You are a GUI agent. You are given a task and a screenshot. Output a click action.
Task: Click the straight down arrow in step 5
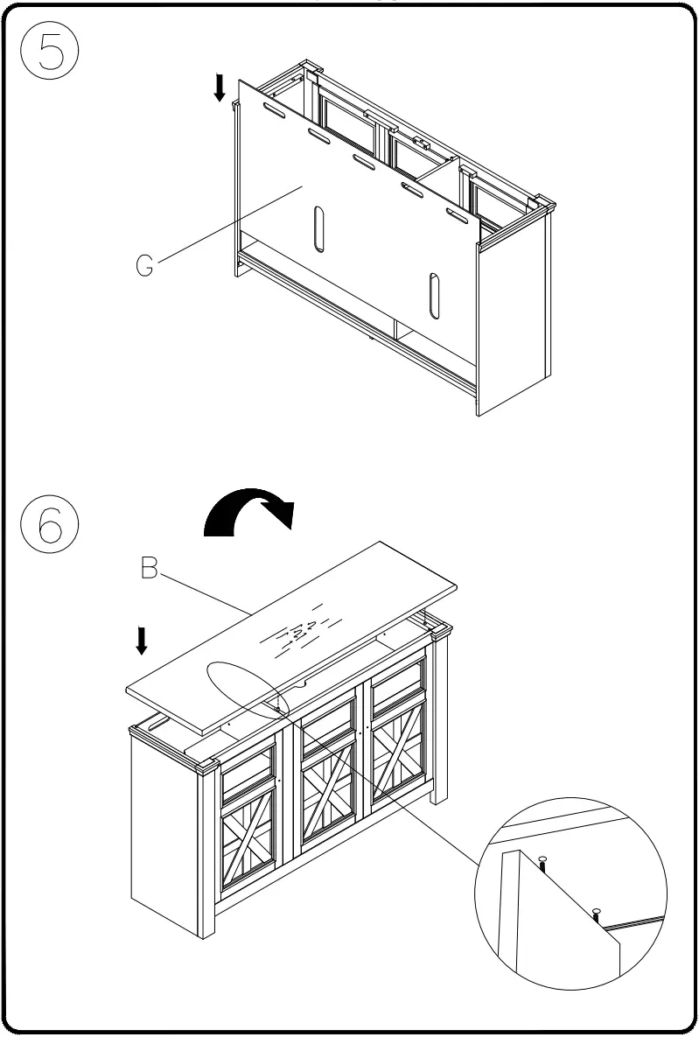point(220,87)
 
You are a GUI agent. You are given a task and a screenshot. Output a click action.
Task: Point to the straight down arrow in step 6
point(141,641)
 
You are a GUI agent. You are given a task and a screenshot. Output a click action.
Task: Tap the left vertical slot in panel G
point(318,229)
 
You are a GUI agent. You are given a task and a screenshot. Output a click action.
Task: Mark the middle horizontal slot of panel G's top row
point(363,161)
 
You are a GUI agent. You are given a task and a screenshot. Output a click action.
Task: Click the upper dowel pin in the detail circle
point(542,863)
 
